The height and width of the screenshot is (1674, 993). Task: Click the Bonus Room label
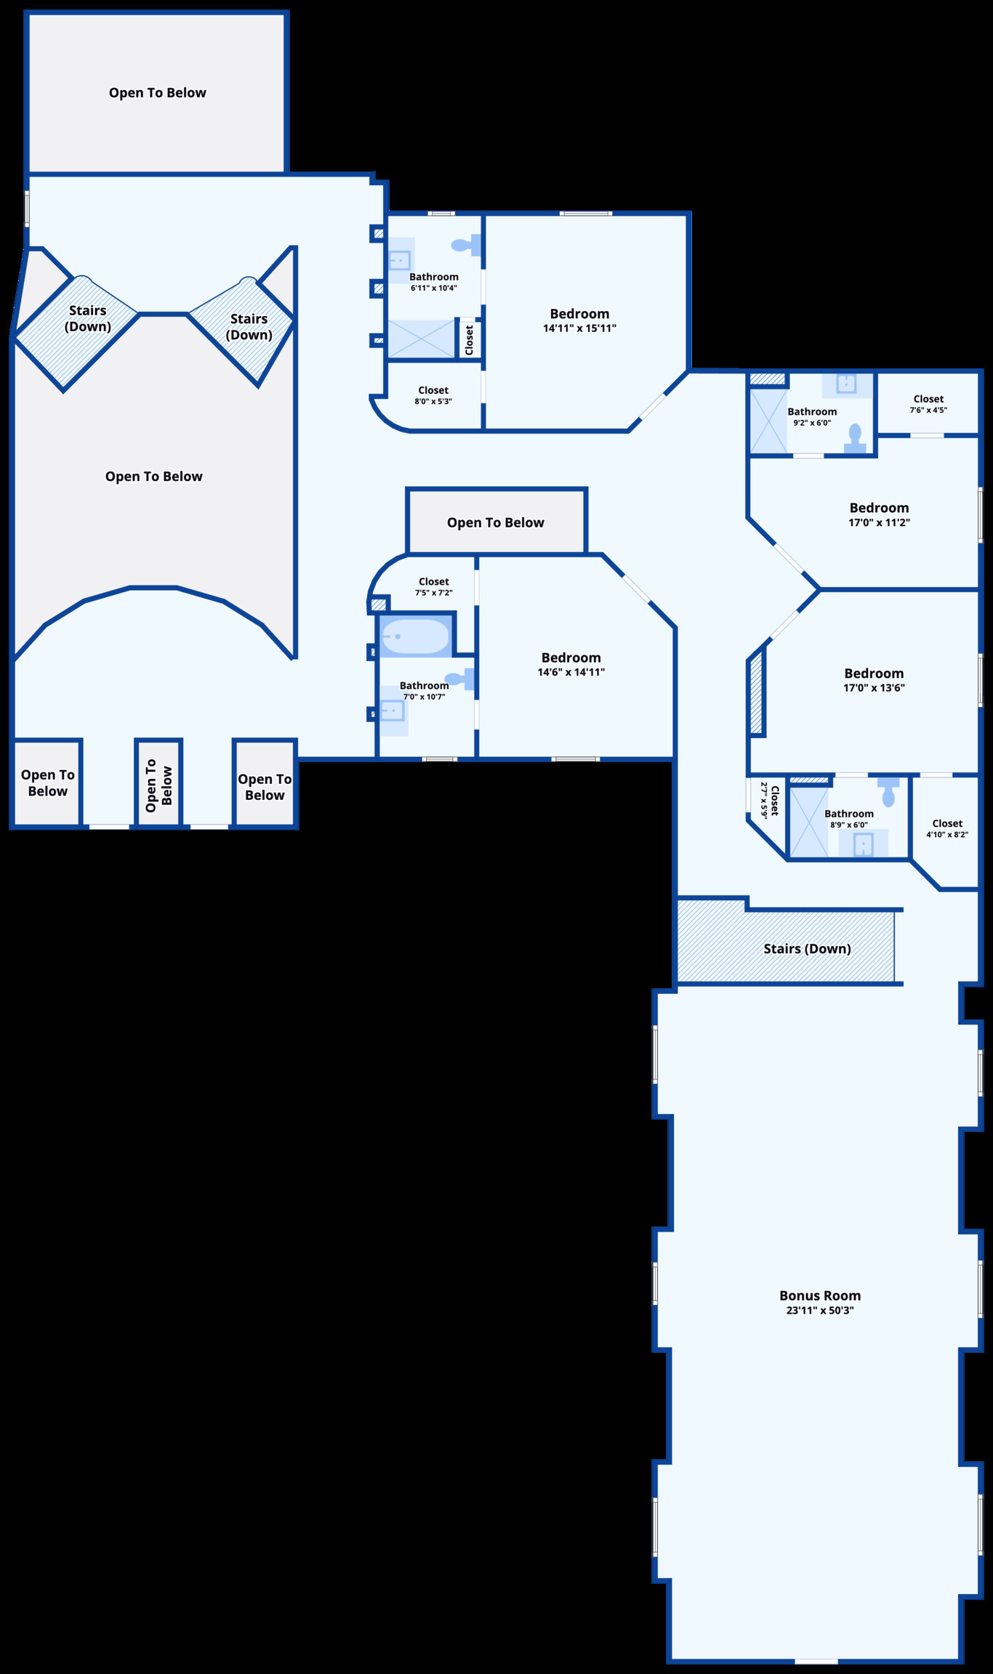point(820,1295)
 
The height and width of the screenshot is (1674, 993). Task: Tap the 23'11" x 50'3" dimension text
point(820,1311)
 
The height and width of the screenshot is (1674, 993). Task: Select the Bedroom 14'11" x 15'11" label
point(579,314)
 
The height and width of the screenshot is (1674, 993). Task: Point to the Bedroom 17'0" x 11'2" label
point(879,508)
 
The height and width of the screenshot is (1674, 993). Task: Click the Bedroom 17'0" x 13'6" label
point(874,674)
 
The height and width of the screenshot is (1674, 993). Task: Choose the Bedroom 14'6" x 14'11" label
point(571,658)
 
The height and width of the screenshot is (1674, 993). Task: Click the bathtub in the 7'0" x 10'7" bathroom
point(415,636)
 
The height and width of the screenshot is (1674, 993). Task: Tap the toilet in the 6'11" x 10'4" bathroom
point(465,245)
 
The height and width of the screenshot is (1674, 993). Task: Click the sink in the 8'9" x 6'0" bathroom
point(863,844)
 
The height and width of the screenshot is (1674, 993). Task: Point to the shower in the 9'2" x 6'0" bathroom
point(768,421)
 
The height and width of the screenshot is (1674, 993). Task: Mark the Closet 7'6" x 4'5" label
point(928,399)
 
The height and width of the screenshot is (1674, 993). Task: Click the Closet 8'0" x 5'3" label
point(433,390)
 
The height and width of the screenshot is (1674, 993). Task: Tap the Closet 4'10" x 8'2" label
point(947,823)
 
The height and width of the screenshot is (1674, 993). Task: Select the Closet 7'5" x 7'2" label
point(434,581)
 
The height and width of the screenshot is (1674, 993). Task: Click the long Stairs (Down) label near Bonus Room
point(807,948)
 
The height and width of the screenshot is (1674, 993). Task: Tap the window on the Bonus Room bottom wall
point(816,1660)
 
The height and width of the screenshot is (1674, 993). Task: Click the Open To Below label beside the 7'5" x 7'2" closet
point(495,522)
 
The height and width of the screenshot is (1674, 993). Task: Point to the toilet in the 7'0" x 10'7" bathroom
point(459,679)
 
